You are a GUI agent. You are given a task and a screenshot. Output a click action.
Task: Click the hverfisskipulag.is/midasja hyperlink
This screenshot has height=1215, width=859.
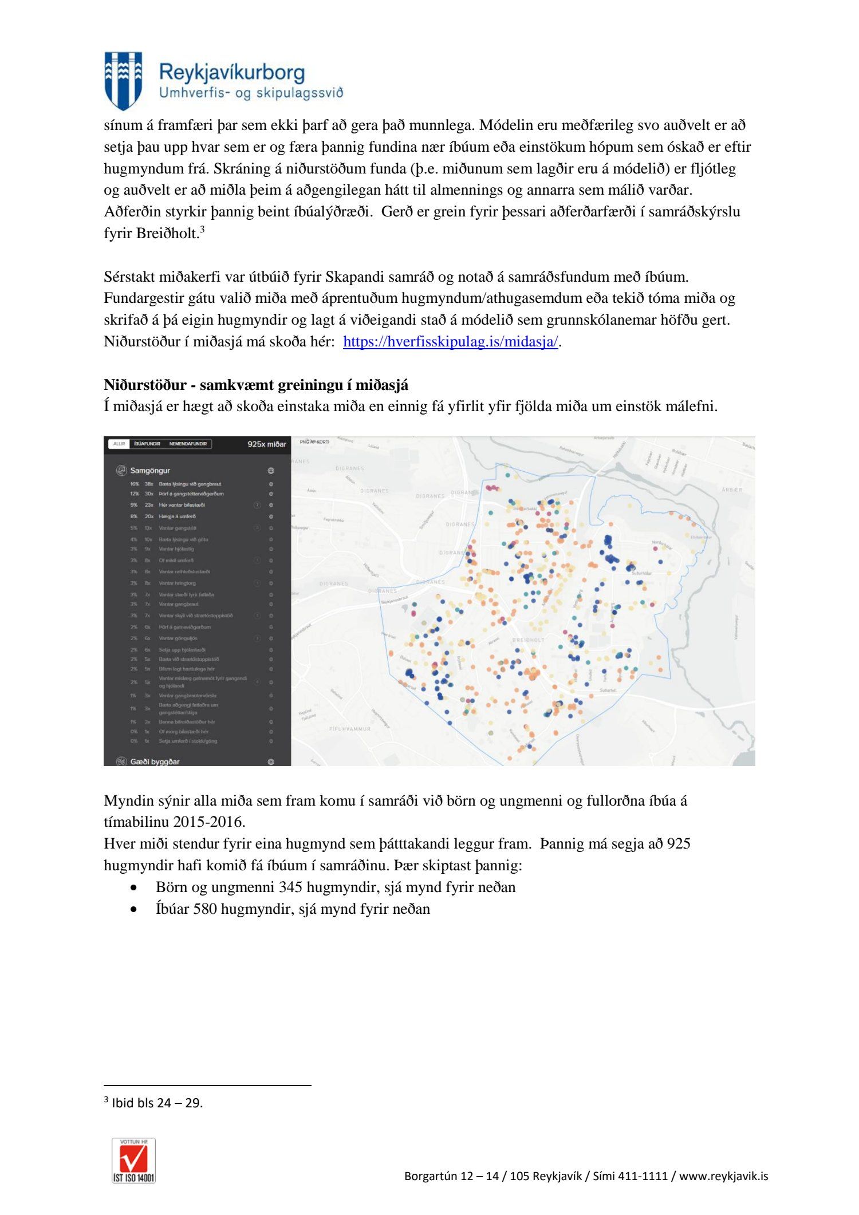(x=450, y=342)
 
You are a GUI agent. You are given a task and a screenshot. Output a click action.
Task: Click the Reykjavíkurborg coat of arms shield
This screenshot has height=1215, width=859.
(x=123, y=80)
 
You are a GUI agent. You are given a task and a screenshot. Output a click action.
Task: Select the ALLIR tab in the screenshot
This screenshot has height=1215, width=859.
(x=119, y=444)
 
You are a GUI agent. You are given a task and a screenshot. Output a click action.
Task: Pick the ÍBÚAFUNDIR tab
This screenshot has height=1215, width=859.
(x=147, y=444)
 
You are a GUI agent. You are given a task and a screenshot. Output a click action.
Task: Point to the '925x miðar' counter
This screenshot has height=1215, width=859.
(x=266, y=444)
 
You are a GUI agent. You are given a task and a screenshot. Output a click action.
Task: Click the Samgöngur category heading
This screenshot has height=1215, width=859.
(x=150, y=471)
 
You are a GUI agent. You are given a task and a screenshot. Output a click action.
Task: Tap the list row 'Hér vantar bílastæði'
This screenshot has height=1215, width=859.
(x=182, y=505)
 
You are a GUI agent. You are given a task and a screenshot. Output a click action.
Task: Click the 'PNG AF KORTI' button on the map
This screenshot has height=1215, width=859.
(x=314, y=442)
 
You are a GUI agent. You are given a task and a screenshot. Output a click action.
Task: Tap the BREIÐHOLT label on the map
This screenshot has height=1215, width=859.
(x=528, y=640)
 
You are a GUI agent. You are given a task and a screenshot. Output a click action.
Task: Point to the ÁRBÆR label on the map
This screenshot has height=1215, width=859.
(x=732, y=490)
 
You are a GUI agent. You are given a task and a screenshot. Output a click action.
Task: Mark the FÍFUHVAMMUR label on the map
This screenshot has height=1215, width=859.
(x=350, y=729)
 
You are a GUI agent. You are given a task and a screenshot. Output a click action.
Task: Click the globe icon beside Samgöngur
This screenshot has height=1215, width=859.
(x=271, y=471)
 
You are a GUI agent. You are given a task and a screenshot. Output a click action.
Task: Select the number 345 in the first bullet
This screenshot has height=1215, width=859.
(x=290, y=887)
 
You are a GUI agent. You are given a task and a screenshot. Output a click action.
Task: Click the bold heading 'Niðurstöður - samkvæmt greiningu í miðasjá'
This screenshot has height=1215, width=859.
(x=256, y=385)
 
